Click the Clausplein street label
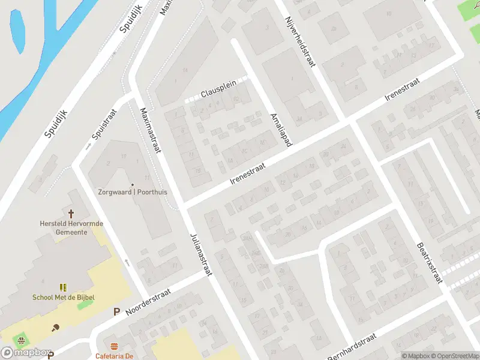[x=218, y=92]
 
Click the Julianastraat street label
[x=202, y=254]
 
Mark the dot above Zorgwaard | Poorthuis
[x=133, y=184]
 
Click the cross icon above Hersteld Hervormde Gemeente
[x=71, y=214]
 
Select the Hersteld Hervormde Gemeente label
[x=71, y=227]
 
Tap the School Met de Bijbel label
[x=64, y=297]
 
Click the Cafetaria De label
[x=114, y=356]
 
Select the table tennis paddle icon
[x=56, y=327]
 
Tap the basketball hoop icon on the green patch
[x=22, y=340]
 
